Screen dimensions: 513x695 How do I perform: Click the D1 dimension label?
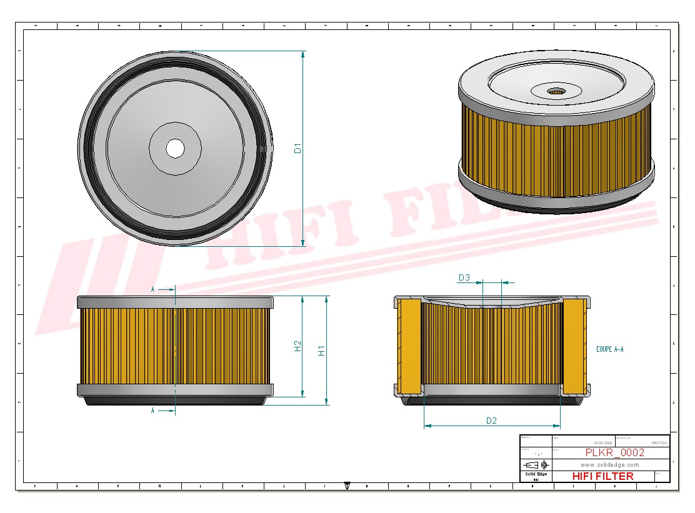click(298, 149)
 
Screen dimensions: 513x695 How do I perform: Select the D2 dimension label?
click(491, 421)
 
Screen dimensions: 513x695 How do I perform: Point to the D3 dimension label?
click(464, 277)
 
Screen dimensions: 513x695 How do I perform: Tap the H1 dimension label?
click(322, 351)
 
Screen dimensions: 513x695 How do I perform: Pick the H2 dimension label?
click(298, 346)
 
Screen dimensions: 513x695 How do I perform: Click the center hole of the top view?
click(175, 149)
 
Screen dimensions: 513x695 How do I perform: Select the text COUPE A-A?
click(609, 349)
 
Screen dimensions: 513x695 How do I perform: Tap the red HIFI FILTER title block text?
click(602, 476)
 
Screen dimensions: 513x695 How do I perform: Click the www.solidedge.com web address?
click(609, 465)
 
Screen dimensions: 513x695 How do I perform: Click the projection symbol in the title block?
click(537, 465)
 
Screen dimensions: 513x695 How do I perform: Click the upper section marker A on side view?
click(153, 289)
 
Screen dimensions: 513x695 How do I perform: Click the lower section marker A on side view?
click(153, 411)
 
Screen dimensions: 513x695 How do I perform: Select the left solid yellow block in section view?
click(409, 347)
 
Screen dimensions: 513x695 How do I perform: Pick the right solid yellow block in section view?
click(574, 347)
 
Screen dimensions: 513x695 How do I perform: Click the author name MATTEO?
click(659, 442)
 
